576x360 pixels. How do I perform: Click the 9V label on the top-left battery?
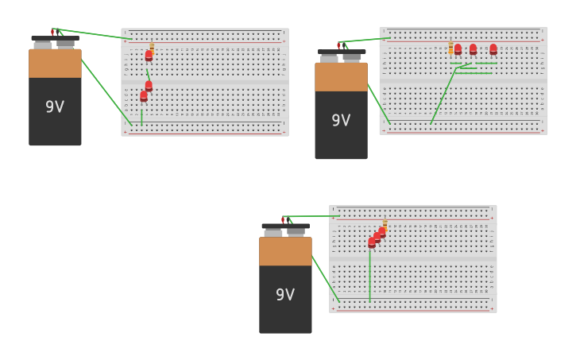(x=55, y=106)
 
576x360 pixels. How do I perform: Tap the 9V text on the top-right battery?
(x=341, y=120)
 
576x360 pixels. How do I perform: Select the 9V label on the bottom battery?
(x=285, y=294)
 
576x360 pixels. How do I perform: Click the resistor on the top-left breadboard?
(x=152, y=47)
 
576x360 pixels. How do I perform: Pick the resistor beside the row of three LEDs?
(x=450, y=48)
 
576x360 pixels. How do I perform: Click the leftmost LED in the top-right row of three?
(x=458, y=49)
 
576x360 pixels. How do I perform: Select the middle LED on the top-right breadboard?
(x=474, y=49)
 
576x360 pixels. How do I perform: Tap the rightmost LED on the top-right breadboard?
(x=493, y=49)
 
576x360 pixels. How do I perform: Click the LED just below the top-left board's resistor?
(x=149, y=56)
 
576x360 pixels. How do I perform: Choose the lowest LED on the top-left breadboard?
(x=144, y=96)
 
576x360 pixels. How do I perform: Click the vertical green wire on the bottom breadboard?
(x=369, y=274)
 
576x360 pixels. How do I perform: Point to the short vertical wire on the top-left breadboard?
(x=141, y=115)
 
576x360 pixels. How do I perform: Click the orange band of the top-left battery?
(x=55, y=64)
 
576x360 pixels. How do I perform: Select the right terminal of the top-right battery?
(x=352, y=57)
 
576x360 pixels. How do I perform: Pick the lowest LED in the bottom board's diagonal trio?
(x=372, y=242)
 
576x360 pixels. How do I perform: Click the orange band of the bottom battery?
(x=285, y=251)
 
